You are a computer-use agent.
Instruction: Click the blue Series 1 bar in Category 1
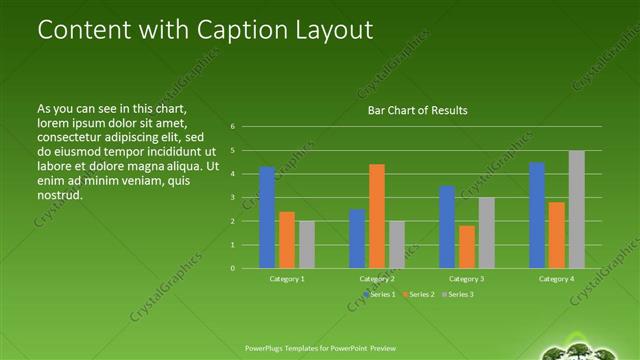[267, 217]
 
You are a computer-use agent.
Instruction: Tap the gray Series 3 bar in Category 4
[577, 209]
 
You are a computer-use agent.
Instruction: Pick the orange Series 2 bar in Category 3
[467, 247]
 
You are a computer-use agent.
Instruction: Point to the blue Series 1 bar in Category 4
[537, 215]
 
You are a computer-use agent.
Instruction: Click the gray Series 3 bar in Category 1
[307, 244]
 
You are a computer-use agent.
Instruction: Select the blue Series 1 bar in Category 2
[357, 238]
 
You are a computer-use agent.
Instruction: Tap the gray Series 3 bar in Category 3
[487, 232]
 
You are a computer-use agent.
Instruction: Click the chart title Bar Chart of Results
[418, 110]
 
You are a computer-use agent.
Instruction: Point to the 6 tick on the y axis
[232, 127]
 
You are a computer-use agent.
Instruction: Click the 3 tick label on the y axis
[232, 197]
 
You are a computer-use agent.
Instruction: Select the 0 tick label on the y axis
[232, 268]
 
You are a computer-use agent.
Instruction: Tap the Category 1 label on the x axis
[287, 279]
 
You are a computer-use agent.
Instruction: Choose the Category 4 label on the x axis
[557, 279]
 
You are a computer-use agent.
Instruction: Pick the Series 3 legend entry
[458, 294]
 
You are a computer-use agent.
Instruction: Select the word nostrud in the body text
[59, 195]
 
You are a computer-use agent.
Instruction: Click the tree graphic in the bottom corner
[586, 349]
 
